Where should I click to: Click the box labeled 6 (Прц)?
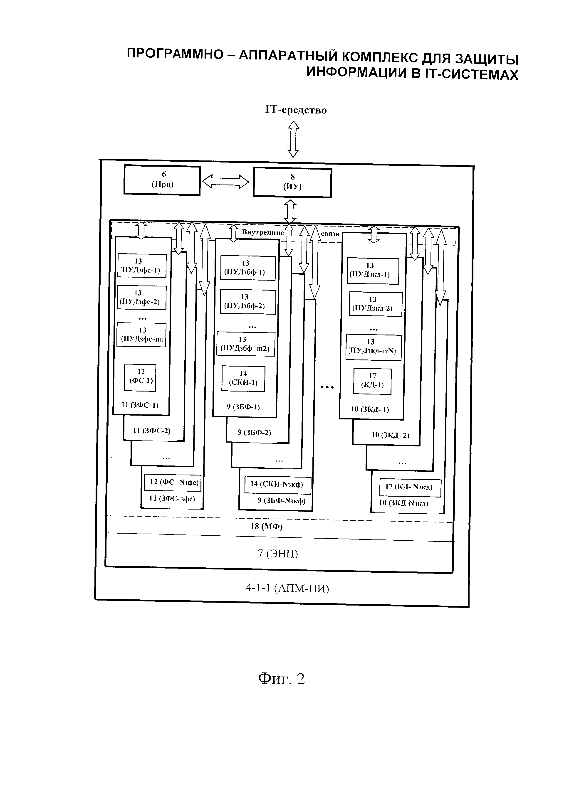click(162, 180)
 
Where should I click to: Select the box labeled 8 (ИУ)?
click(292, 183)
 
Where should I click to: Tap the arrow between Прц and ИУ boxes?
click(226, 181)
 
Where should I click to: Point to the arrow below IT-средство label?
click(293, 139)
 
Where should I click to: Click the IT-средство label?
click(296, 110)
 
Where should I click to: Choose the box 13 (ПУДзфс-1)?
click(141, 266)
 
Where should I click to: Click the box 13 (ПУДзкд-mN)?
click(374, 347)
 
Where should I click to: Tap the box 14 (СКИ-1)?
click(243, 378)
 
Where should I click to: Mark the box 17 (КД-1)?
click(372, 381)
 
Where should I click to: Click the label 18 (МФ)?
click(267, 526)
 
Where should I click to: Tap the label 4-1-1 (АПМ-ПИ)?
click(287, 588)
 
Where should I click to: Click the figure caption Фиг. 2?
click(281, 679)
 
